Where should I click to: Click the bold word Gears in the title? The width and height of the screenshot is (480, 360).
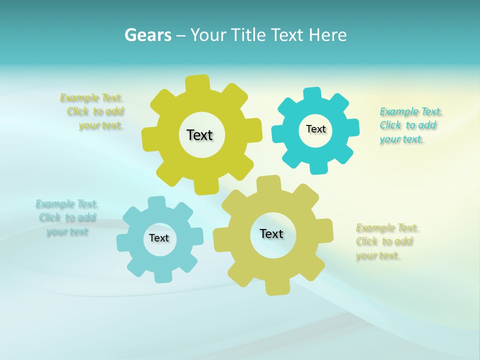click(x=148, y=35)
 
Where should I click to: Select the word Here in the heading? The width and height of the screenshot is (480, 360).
click(x=327, y=35)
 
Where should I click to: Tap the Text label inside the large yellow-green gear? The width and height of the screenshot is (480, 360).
click(x=199, y=135)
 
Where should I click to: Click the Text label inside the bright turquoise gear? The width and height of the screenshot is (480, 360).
click(x=315, y=129)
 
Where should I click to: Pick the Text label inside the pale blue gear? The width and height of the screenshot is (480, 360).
click(x=159, y=238)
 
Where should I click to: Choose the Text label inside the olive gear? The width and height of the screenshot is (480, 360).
click(x=271, y=234)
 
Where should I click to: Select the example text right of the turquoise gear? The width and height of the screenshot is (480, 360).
click(x=409, y=125)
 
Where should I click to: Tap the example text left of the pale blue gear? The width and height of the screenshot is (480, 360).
click(x=66, y=217)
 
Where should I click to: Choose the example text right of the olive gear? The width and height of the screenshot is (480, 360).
click(x=386, y=241)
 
